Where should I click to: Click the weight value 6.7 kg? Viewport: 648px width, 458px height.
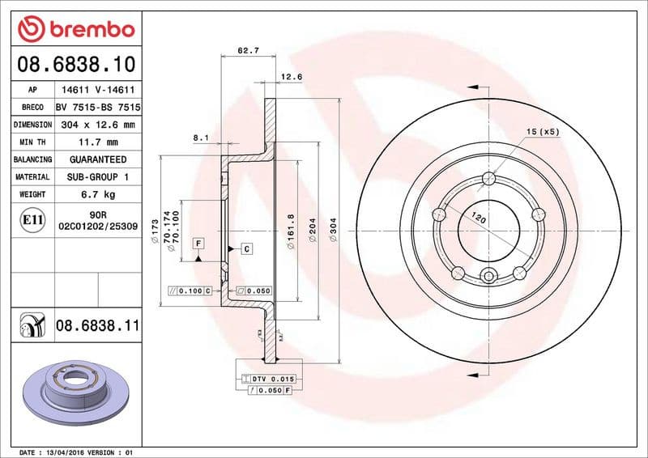97,194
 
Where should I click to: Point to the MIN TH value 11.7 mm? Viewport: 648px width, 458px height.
97,142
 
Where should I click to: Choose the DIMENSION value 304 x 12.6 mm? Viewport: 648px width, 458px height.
97,125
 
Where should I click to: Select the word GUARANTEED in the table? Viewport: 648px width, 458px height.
97,159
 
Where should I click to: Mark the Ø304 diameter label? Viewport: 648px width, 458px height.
334,231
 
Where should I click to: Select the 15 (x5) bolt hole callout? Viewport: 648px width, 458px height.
543,131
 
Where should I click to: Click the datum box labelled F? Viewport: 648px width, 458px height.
198,243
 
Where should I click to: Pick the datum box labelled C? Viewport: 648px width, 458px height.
245,248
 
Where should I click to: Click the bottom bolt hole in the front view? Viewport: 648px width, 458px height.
488,278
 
